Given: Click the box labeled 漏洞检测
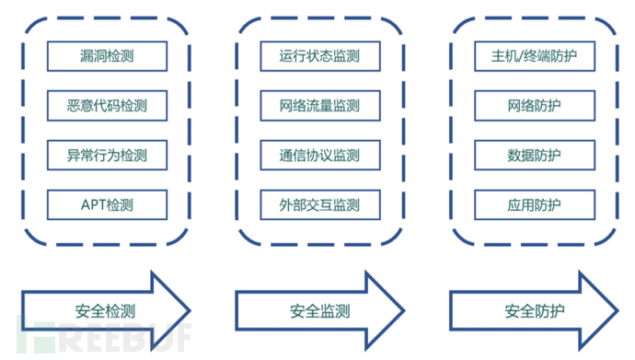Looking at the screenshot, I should (107, 56).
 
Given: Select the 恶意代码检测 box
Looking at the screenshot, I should (107, 106).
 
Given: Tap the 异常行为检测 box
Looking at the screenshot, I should (107, 155).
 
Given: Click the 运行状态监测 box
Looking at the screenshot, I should (318, 56).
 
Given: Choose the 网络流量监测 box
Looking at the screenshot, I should (318, 106).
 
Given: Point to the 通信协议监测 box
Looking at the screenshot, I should (318, 155).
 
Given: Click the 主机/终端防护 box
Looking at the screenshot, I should (533, 56).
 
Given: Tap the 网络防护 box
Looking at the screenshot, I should (533, 106).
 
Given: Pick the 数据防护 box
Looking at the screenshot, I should (533, 155).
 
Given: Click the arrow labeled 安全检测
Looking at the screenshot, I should (101, 309).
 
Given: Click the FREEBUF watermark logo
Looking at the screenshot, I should (101, 337).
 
